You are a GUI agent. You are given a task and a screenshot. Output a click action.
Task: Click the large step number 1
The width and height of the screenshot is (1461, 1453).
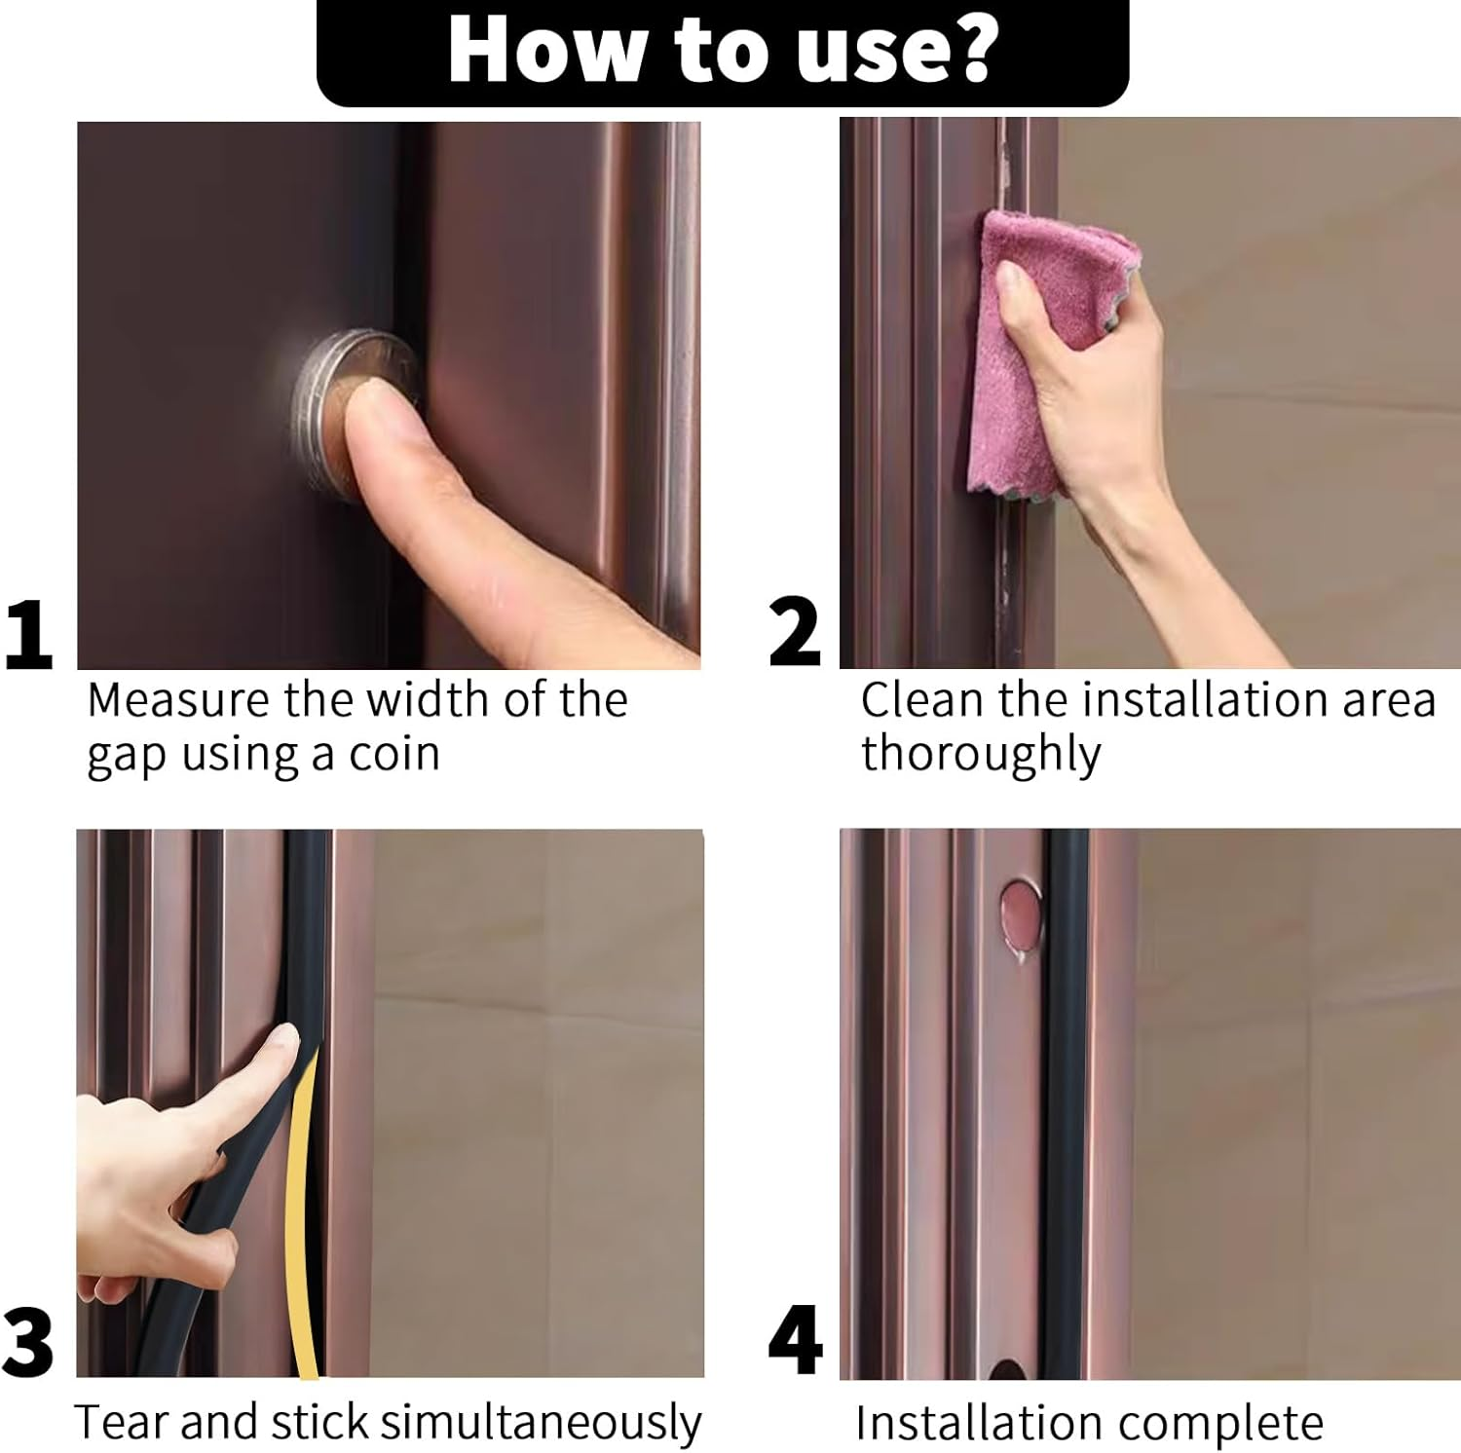pyautogui.click(x=28, y=634)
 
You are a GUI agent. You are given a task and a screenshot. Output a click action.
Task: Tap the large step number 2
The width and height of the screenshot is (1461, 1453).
pyautogui.click(x=795, y=634)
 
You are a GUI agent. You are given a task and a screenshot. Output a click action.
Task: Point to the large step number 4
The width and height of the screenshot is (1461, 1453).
pyautogui.click(x=795, y=1342)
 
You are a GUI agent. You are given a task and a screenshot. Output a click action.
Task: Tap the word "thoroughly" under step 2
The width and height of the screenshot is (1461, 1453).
pyautogui.click(x=980, y=755)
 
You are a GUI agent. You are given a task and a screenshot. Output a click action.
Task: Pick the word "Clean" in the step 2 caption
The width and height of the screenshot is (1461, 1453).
pyautogui.click(x=917, y=700)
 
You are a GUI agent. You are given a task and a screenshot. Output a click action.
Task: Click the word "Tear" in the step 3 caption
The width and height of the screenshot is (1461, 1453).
pyautogui.click(x=122, y=1423)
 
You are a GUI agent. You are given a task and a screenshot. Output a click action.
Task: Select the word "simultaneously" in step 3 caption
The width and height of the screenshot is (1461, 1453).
pyautogui.click(x=540, y=1423)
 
